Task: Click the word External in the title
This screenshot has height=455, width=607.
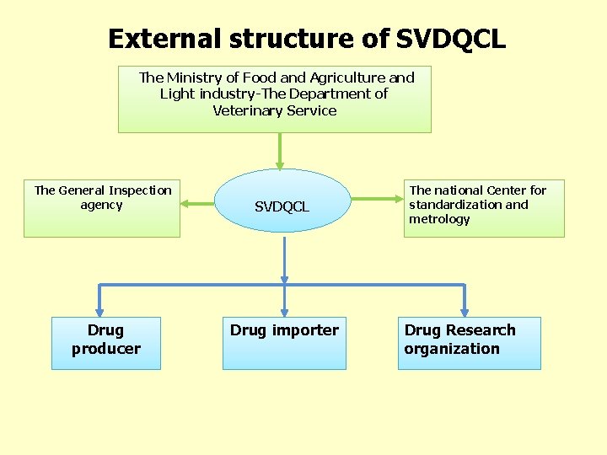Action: (162, 39)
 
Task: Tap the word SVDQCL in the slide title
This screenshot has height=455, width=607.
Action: (451, 39)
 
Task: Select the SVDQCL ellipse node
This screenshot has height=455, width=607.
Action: (282, 206)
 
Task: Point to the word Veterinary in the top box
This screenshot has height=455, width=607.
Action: (248, 110)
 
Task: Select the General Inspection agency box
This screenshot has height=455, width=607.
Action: (102, 208)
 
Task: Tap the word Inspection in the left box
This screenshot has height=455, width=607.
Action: (139, 190)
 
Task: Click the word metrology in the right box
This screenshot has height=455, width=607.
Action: (439, 219)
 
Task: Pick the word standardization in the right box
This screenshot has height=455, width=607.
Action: (456, 205)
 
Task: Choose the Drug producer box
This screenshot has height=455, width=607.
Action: (106, 342)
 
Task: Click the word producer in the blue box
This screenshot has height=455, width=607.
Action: (106, 349)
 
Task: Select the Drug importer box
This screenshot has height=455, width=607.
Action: (284, 342)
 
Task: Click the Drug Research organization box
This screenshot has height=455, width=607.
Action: (469, 342)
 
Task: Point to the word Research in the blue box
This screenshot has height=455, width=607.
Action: (481, 330)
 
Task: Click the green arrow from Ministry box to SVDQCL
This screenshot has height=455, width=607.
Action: (280, 152)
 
